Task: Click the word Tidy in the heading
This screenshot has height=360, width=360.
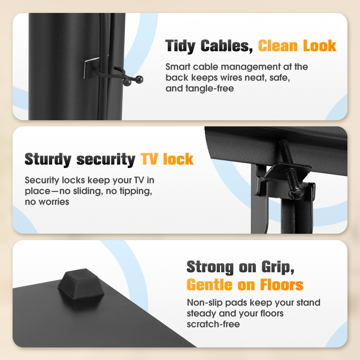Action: (x=180, y=46)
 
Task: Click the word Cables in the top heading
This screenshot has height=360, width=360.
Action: (x=226, y=46)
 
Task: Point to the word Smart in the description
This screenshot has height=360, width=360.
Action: (x=178, y=67)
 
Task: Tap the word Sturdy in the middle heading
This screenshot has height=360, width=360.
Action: (x=48, y=159)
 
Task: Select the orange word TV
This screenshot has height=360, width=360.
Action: (x=149, y=159)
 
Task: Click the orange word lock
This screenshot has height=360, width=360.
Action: (x=179, y=159)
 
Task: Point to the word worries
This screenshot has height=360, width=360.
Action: (x=54, y=202)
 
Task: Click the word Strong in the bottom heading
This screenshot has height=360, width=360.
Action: (x=210, y=267)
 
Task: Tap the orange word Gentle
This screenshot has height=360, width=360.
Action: (x=210, y=285)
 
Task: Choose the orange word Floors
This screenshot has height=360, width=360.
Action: (x=282, y=285)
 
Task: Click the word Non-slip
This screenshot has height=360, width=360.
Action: (x=205, y=303)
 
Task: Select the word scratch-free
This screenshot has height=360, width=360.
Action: (x=213, y=324)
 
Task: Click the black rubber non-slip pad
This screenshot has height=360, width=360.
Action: (x=81, y=284)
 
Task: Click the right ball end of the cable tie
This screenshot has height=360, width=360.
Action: (x=139, y=80)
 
